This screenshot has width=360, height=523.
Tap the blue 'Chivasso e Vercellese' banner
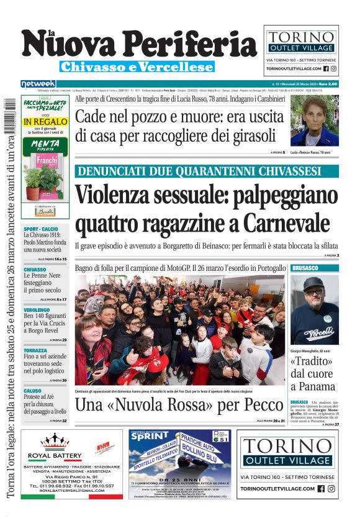point(137,66)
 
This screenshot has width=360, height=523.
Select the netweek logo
point(38,83)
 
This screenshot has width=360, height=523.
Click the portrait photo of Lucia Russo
point(314,121)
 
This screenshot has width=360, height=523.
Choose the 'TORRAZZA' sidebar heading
point(35,350)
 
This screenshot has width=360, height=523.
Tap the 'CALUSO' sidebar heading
point(32,391)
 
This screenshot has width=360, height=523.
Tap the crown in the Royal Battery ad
point(53,441)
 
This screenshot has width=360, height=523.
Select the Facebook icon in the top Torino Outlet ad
point(325,69)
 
